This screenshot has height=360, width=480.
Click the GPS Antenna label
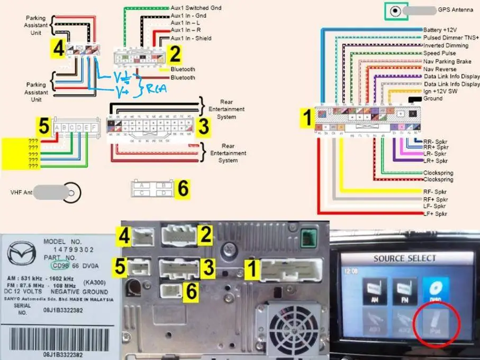click(455, 10)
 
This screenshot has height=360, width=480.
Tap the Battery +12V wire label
click(441, 30)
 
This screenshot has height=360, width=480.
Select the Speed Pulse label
click(440, 53)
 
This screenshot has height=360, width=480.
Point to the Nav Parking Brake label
click(447, 61)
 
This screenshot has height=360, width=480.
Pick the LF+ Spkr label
click(435, 214)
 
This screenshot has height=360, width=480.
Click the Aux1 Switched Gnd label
click(196, 8)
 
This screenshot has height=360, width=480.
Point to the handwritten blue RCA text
click(157, 89)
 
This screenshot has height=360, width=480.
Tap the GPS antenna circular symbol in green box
click(394, 11)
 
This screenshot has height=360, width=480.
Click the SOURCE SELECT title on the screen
click(405, 258)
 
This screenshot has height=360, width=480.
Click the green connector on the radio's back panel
click(307, 238)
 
